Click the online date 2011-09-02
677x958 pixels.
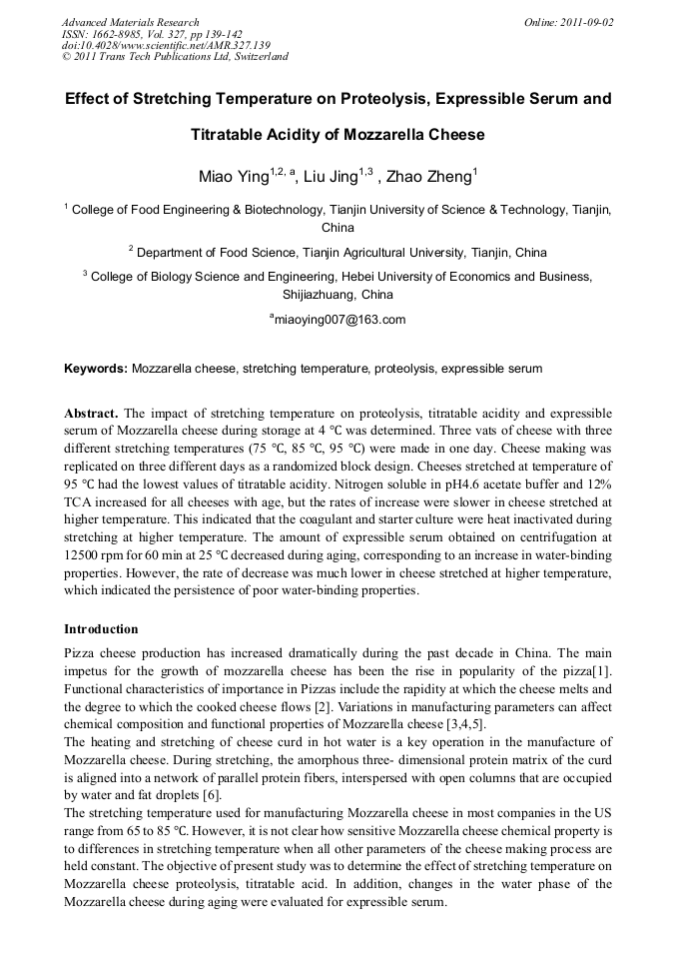point(590,22)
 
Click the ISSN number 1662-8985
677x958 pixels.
point(123,34)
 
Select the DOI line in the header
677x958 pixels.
point(166,45)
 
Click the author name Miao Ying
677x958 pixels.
point(235,178)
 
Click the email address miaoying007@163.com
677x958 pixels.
point(338,320)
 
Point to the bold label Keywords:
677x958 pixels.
point(96,369)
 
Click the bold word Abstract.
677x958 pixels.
point(91,413)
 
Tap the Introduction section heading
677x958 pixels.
point(101,629)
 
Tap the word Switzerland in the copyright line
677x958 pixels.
point(260,57)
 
